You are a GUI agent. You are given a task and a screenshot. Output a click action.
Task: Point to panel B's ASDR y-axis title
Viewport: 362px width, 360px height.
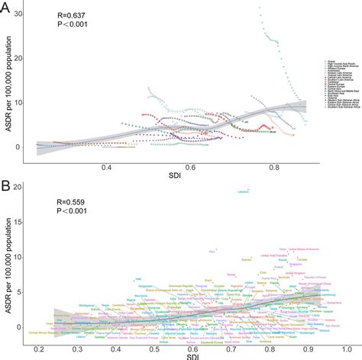click(7, 267)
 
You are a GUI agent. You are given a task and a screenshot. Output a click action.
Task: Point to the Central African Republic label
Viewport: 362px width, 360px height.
click(46, 333)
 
